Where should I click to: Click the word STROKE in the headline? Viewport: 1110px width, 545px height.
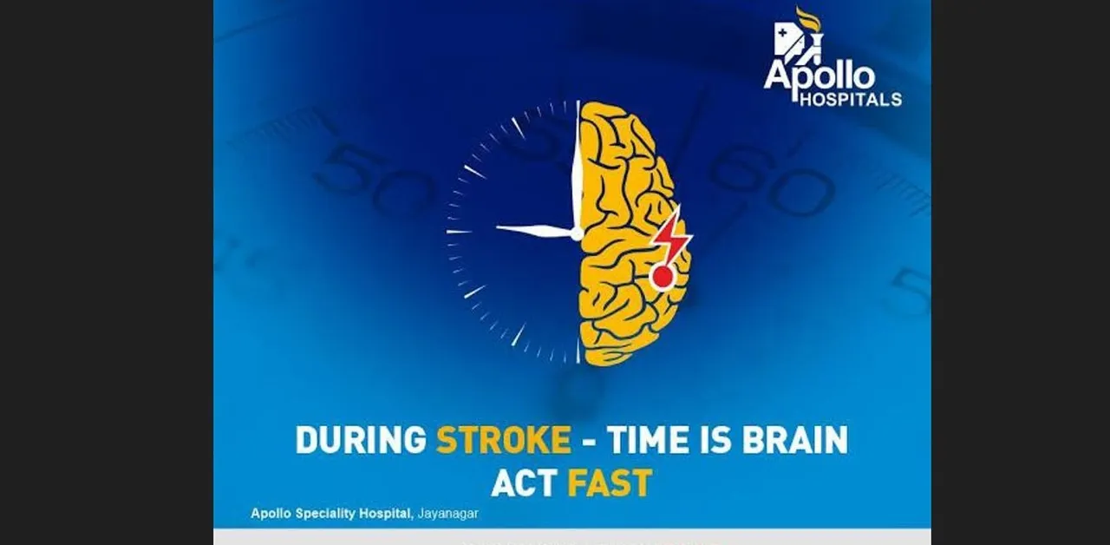503,440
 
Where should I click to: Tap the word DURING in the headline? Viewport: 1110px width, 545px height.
361,440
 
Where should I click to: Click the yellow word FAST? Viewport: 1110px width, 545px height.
609,483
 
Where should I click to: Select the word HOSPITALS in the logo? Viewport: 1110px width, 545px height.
850,100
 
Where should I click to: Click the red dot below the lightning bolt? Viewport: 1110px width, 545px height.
663,277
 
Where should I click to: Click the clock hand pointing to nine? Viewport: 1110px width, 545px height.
533,231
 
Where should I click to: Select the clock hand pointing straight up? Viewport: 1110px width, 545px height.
577,165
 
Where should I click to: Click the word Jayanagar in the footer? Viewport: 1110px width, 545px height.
448,513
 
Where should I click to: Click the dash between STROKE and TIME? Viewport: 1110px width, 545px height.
589,442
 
